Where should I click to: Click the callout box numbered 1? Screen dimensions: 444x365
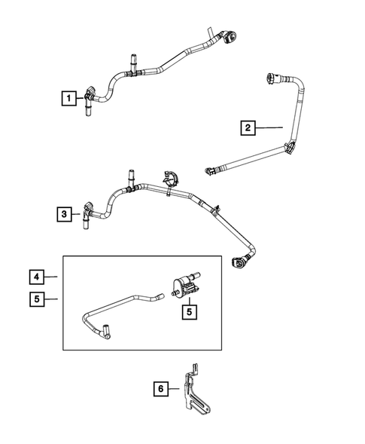(x=68, y=97)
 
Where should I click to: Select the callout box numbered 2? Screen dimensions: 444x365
(x=248, y=127)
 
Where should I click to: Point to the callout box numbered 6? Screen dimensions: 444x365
(x=160, y=390)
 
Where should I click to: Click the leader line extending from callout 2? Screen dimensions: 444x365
(x=271, y=127)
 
